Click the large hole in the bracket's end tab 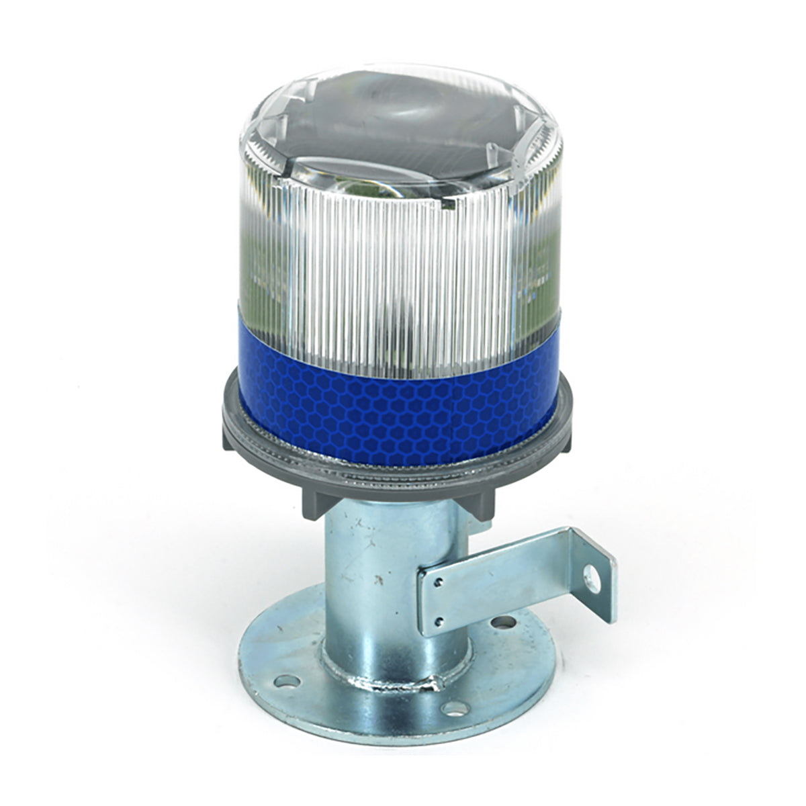point(590,574)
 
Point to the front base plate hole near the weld point(454,708)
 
